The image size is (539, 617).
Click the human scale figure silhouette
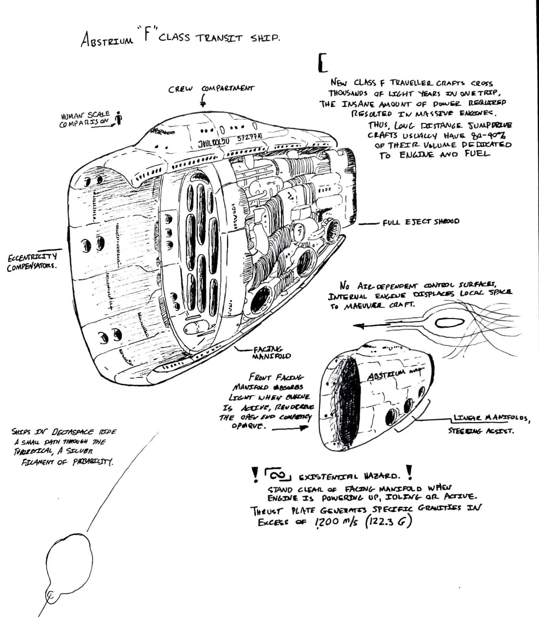point(119,118)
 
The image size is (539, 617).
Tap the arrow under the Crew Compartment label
point(203,101)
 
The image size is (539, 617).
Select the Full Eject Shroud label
point(421,222)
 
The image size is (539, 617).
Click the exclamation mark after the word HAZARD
point(409,473)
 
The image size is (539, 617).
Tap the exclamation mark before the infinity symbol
point(255,474)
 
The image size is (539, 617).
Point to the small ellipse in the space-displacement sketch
point(450,322)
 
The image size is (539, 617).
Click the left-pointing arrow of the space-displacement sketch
point(371,325)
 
